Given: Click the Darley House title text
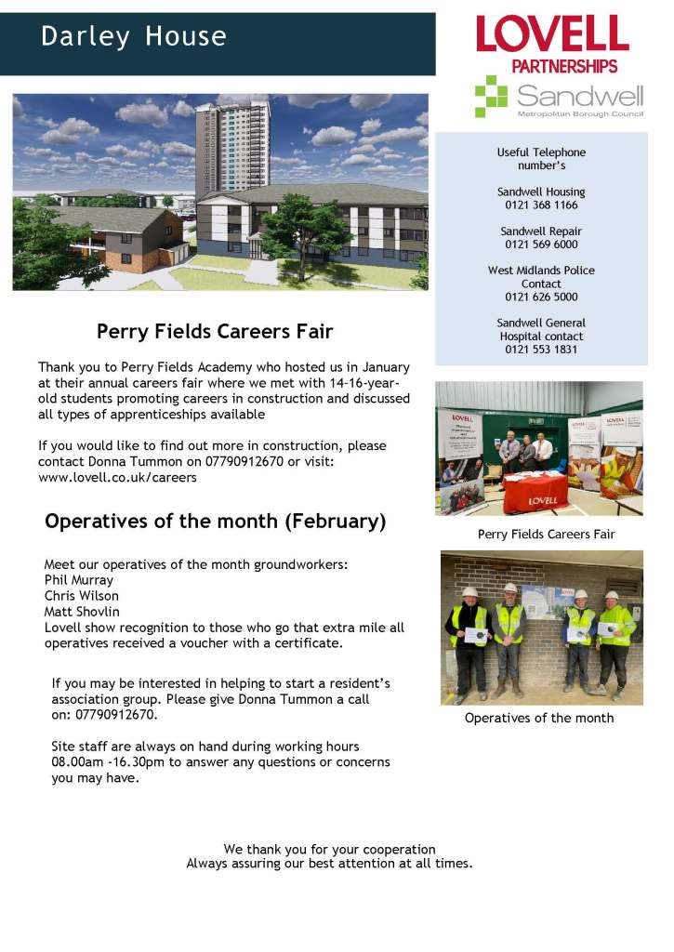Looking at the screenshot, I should (134, 37).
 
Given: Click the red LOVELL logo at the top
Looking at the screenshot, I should (552, 34).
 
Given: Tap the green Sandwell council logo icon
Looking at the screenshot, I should (491, 97).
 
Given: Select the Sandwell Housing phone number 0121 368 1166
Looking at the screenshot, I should (541, 205).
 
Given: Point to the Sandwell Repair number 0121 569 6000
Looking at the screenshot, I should (541, 245).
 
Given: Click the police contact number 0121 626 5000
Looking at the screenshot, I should (541, 297).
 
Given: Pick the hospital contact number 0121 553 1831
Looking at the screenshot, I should (541, 350).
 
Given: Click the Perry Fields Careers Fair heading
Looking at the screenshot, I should (215, 331).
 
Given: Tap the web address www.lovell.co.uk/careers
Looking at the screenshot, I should (117, 478).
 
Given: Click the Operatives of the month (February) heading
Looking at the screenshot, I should (215, 521).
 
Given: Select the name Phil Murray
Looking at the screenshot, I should (79, 580).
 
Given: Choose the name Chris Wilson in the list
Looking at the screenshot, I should (82, 596).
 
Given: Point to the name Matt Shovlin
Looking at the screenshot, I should (82, 612).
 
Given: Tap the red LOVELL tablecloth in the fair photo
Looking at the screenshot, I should (535, 494).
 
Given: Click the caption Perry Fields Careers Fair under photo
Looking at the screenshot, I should (546, 535).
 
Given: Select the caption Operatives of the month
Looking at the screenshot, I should (539, 718).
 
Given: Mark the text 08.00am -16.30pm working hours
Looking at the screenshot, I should (111, 762).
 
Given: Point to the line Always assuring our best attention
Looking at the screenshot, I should (329, 864).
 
